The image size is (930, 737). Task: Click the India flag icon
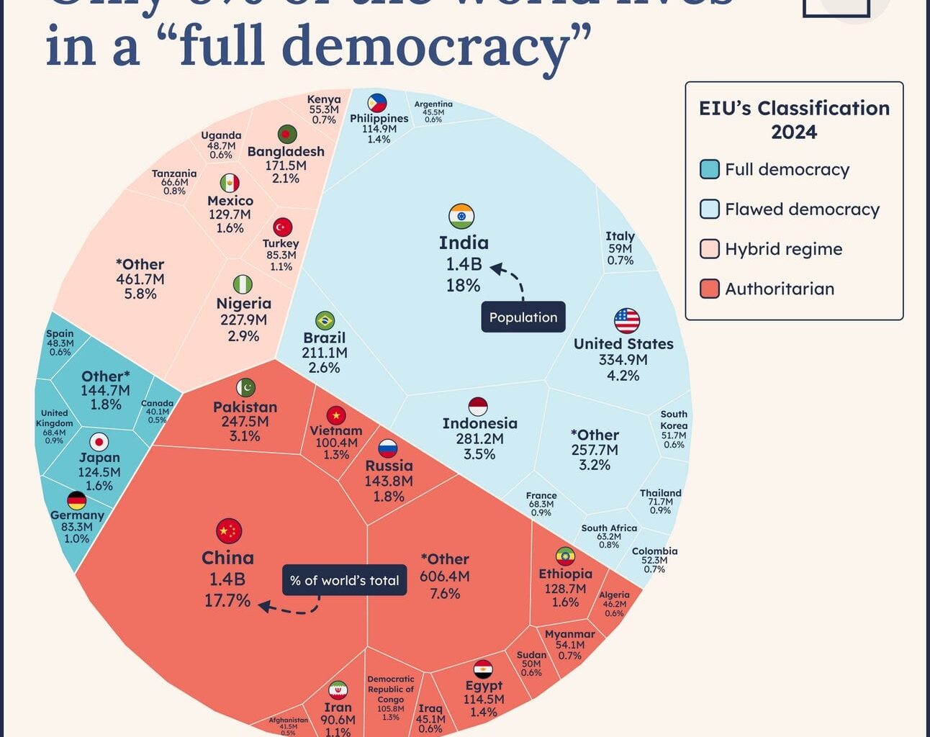pos(461,216)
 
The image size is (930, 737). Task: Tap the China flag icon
pos(229,531)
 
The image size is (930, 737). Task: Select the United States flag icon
pos(626,320)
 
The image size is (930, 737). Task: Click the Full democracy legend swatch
pos(709,169)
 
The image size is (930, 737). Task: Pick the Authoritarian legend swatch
pos(709,289)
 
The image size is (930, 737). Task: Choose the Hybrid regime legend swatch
pos(709,249)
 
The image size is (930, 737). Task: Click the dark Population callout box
pos(523,317)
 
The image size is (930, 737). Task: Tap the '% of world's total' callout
pos(344,581)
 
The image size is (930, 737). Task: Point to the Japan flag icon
pos(99,441)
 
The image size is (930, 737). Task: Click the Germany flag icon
pos(76,500)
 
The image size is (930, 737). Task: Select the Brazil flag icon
pos(325,320)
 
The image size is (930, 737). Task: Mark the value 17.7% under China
pos(227,600)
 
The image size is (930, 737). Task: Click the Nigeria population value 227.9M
pos(243,320)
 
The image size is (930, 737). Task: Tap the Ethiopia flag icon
pos(565,556)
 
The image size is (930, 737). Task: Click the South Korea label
pos(674,420)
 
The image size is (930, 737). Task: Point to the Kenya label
pos(324,99)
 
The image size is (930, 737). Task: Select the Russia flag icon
pos(388,449)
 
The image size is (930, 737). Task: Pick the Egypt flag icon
pos(483,669)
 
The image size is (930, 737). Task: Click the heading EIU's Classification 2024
pos(794,119)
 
